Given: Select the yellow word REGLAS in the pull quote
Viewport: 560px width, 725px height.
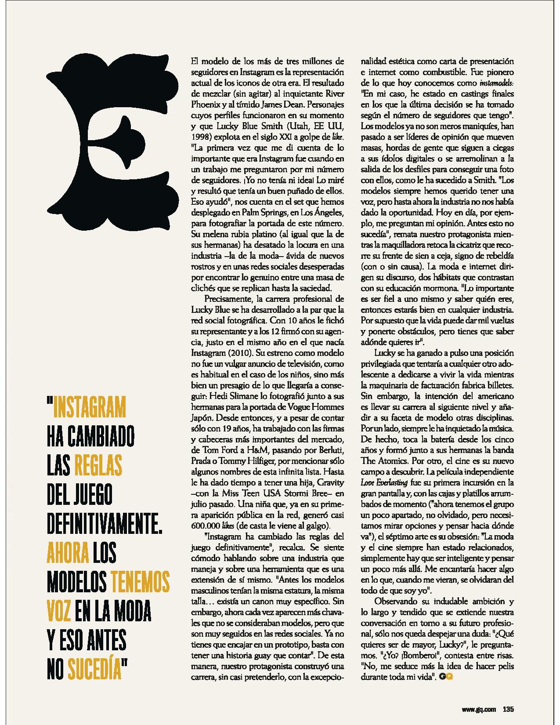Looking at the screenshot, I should [x=98, y=464].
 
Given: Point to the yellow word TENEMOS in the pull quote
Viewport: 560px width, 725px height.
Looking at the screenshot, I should [x=140, y=581].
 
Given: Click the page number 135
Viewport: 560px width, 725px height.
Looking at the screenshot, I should [x=508, y=708].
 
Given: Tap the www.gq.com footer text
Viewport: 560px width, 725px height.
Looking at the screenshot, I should [x=479, y=708].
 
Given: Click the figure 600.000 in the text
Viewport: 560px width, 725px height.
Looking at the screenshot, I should [x=207, y=526].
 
